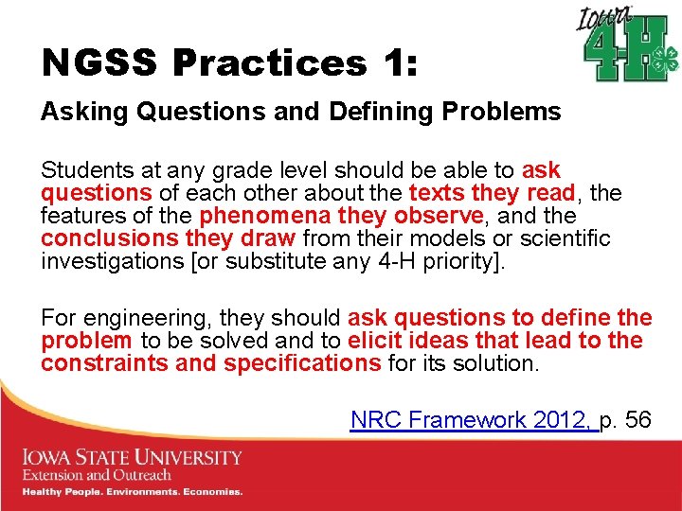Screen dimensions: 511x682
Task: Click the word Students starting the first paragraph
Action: click(x=86, y=171)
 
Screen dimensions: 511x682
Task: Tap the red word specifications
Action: click(x=303, y=364)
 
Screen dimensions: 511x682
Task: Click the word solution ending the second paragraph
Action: click(x=497, y=364)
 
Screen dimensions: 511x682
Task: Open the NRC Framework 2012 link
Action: click(x=474, y=420)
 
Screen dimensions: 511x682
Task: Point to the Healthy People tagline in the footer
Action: click(x=132, y=492)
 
